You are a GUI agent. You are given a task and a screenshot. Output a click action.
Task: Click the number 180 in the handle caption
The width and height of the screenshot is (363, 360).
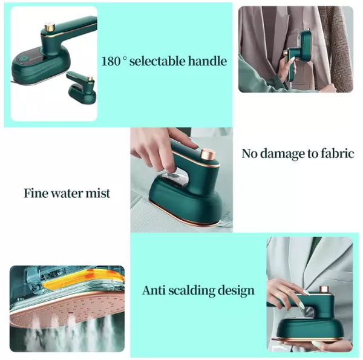(111, 61)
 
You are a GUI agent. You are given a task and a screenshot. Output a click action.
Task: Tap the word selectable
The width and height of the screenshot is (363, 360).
(157, 61)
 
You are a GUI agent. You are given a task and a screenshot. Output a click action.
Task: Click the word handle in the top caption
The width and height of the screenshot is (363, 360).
(208, 61)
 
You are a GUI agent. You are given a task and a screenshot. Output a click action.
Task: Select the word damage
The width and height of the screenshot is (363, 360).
(282, 154)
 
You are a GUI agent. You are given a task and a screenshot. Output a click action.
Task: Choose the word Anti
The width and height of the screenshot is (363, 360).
(154, 290)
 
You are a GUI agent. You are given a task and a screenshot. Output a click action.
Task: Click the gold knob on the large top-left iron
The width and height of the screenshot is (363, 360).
(50, 27)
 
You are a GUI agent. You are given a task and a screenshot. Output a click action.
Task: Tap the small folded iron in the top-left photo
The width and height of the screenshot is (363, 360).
(82, 87)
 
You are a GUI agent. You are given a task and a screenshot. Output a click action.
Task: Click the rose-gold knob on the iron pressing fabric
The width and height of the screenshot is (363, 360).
(208, 155)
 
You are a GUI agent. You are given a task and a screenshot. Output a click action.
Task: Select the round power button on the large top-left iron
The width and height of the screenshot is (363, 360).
(23, 59)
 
